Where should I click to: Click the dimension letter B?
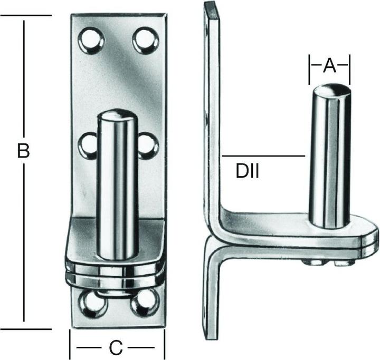click(x=23, y=151)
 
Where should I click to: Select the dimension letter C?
click(x=116, y=348)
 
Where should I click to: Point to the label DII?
click(x=248, y=171)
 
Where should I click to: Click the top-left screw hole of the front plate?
click(x=91, y=40)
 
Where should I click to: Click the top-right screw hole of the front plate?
click(x=146, y=41)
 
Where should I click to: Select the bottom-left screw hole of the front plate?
click(x=93, y=304)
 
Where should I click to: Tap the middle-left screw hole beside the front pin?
click(x=88, y=146)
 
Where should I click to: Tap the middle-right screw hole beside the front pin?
click(x=148, y=146)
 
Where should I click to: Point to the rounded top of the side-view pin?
click(x=332, y=89)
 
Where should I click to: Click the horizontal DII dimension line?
click(x=263, y=156)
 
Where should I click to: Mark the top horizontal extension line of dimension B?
click(x=26, y=15)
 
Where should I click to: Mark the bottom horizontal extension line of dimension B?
click(x=26, y=329)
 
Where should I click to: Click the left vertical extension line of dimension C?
click(x=70, y=344)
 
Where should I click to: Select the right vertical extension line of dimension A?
click(x=350, y=70)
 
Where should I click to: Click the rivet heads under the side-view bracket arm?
click(x=327, y=262)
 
